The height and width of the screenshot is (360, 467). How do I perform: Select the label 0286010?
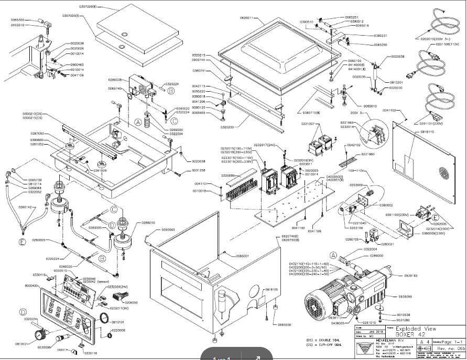click(149, 223)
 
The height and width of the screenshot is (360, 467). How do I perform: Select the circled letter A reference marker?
click(138, 122)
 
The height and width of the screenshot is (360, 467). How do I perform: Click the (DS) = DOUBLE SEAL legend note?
click(319, 341)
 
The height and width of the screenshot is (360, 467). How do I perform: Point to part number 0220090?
click(228, 175)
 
